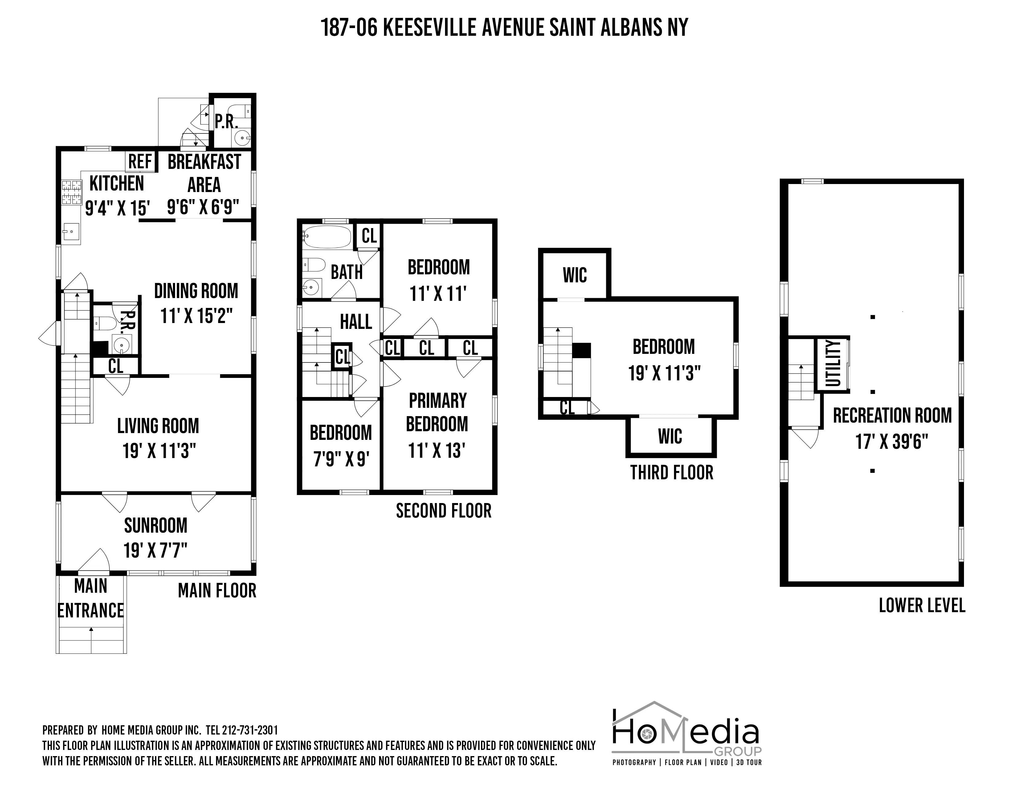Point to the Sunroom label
(156, 526)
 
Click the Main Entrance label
(91, 598)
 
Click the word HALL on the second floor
(356, 322)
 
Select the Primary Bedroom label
(437, 412)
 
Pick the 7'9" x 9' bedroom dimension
(341, 460)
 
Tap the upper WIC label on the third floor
(575, 275)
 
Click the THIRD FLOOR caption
(672, 473)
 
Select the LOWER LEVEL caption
(922, 606)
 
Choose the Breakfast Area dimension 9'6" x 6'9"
(203, 207)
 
